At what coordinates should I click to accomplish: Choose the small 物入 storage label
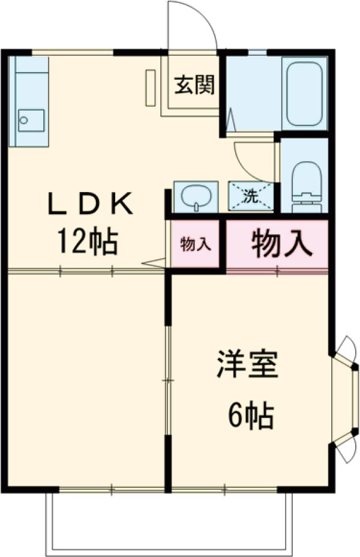[x=196, y=244]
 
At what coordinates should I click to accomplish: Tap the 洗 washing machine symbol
[x=251, y=195]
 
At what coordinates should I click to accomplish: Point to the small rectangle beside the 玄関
[x=150, y=88]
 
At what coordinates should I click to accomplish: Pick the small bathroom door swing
[x=231, y=120]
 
